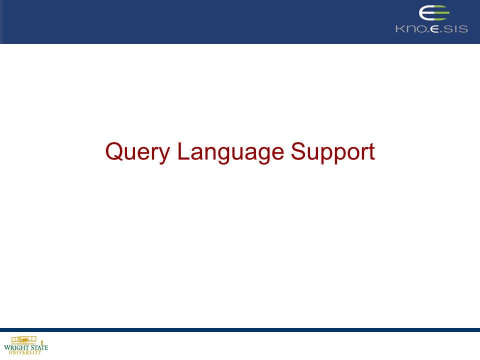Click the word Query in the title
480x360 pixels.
tap(137, 152)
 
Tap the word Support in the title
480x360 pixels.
tap(333, 152)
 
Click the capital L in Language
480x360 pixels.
tap(183, 151)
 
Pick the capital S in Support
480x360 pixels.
tap(298, 151)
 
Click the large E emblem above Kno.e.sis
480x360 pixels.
tap(434, 13)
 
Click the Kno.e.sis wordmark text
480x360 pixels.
tap(431, 29)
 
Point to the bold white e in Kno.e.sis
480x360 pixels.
tap(434, 29)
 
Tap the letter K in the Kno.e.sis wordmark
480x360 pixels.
tap(399, 29)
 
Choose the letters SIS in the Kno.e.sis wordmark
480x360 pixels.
tap(456, 29)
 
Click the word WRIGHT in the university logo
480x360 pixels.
tap(16, 347)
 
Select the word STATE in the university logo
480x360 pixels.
tap(39, 347)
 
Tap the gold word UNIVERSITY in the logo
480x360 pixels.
tap(25, 352)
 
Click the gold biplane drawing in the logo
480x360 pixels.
tap(23, 339)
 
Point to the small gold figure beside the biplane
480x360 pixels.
tap(42, 342)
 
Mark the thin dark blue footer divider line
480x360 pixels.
tap(240, 330)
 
